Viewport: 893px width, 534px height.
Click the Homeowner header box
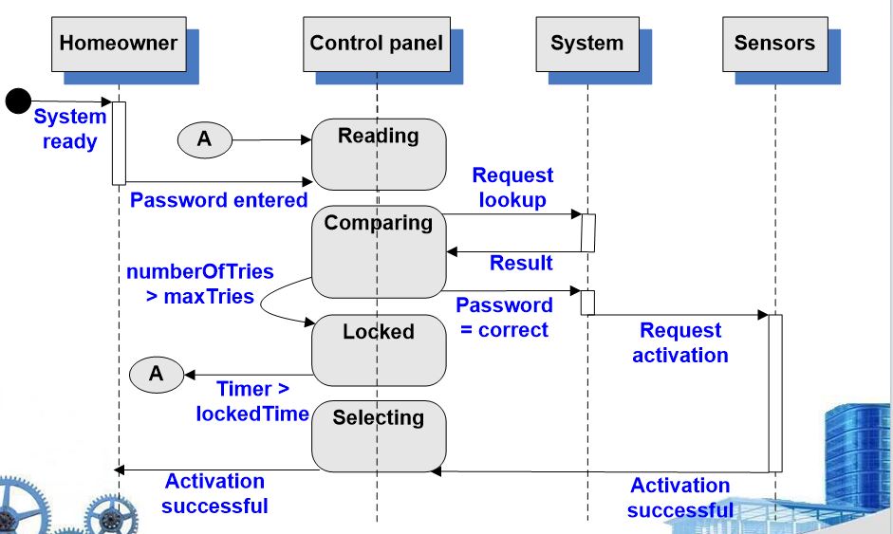(119, 44)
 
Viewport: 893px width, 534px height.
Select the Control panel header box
(377, 44)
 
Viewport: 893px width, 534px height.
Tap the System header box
(587, 44)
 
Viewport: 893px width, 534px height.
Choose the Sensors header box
(775, 44)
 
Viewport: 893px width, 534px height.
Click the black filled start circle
(18, 101)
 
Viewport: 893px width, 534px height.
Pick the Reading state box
(379, 155)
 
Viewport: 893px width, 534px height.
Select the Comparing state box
(379, 251)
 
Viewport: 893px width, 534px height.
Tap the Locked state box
(379, 350)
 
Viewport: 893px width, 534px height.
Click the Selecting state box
(379, 436)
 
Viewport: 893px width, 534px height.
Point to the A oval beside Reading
(205, 139)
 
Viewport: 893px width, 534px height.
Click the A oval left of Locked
(157, 375)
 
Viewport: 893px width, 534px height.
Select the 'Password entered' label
(218, 200)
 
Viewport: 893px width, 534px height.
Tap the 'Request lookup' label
(512, 187)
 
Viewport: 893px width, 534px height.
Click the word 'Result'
(521, 263)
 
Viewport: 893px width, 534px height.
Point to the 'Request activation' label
(680, 342)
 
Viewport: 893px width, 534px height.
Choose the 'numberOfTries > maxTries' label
(200, 284)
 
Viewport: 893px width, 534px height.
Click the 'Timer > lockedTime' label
(252, 401)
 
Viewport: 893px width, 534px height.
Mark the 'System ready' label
(70, 129)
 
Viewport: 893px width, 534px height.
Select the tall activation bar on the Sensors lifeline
(775, 394)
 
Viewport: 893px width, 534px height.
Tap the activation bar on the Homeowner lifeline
(119, 143)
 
